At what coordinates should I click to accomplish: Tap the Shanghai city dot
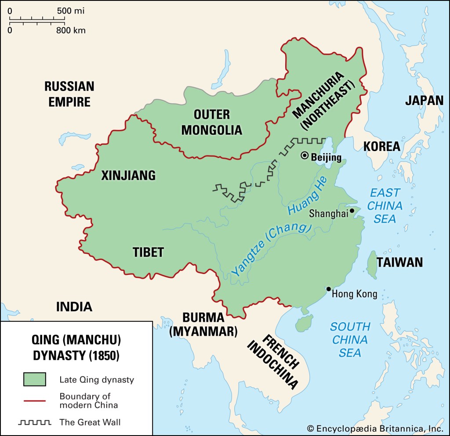(352, 211)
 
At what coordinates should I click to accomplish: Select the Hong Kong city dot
(328, 288)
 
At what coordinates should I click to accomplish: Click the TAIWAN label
(399, 263)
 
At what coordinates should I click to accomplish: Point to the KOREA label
(381, 146)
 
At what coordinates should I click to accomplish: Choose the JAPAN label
(424, 100)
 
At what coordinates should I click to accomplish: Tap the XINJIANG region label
(128, 176)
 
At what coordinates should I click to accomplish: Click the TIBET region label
(148, 252)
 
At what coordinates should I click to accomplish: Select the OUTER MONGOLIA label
(212, 123)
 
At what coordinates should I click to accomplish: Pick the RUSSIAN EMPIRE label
(69, 94)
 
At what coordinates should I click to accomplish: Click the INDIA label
(74, 306)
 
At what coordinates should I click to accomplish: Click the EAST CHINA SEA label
(385, 205)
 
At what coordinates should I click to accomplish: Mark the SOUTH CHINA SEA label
(350, 339)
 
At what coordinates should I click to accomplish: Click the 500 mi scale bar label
(70, 10)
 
